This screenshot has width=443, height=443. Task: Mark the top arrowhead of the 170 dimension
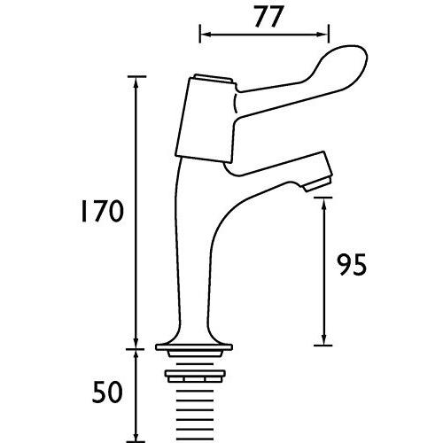136,82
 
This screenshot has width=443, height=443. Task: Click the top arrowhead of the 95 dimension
325,203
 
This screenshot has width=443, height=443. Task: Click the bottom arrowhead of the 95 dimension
325,340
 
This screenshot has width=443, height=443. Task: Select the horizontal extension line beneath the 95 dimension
325,346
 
